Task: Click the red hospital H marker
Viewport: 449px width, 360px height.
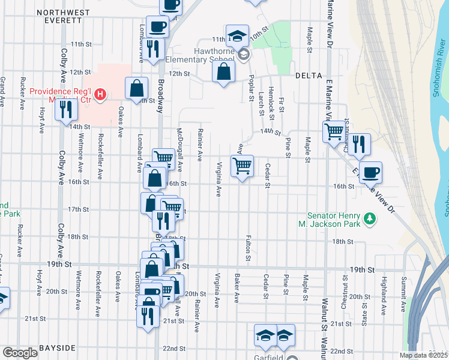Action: pos(101,94)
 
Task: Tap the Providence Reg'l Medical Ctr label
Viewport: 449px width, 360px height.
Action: pos(60,95)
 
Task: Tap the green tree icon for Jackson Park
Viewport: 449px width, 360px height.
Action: pos(370,219)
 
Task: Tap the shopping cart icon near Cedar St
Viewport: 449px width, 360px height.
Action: pos(242,166)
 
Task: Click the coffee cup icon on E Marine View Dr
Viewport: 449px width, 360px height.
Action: pos(370,172)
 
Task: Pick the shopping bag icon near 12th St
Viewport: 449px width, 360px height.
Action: pos(223,73)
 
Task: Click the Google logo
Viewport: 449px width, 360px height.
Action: pos(19,353)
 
